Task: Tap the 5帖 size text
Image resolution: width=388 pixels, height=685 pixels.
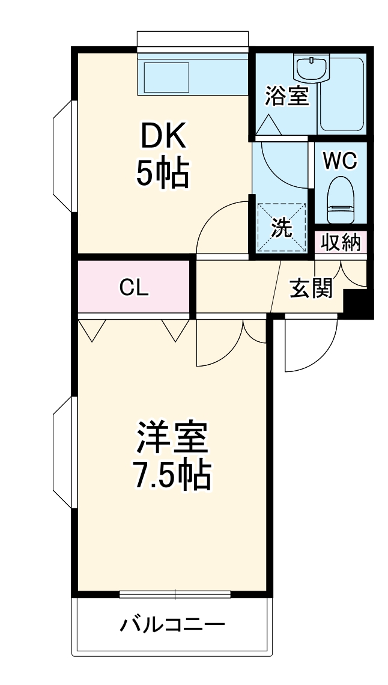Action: [163, 174]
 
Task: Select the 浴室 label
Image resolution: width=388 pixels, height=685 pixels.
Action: [287, 96]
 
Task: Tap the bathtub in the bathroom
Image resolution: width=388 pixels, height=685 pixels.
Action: [342, 93]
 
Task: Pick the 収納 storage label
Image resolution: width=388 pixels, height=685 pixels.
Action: [340, 243]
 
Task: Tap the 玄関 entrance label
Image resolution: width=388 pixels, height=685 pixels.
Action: [311, 289]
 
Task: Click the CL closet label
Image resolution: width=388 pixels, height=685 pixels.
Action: [133, 288]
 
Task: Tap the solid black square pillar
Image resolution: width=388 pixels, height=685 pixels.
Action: [359, 303]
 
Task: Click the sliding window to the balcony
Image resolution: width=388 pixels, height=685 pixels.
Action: [175, 594]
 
